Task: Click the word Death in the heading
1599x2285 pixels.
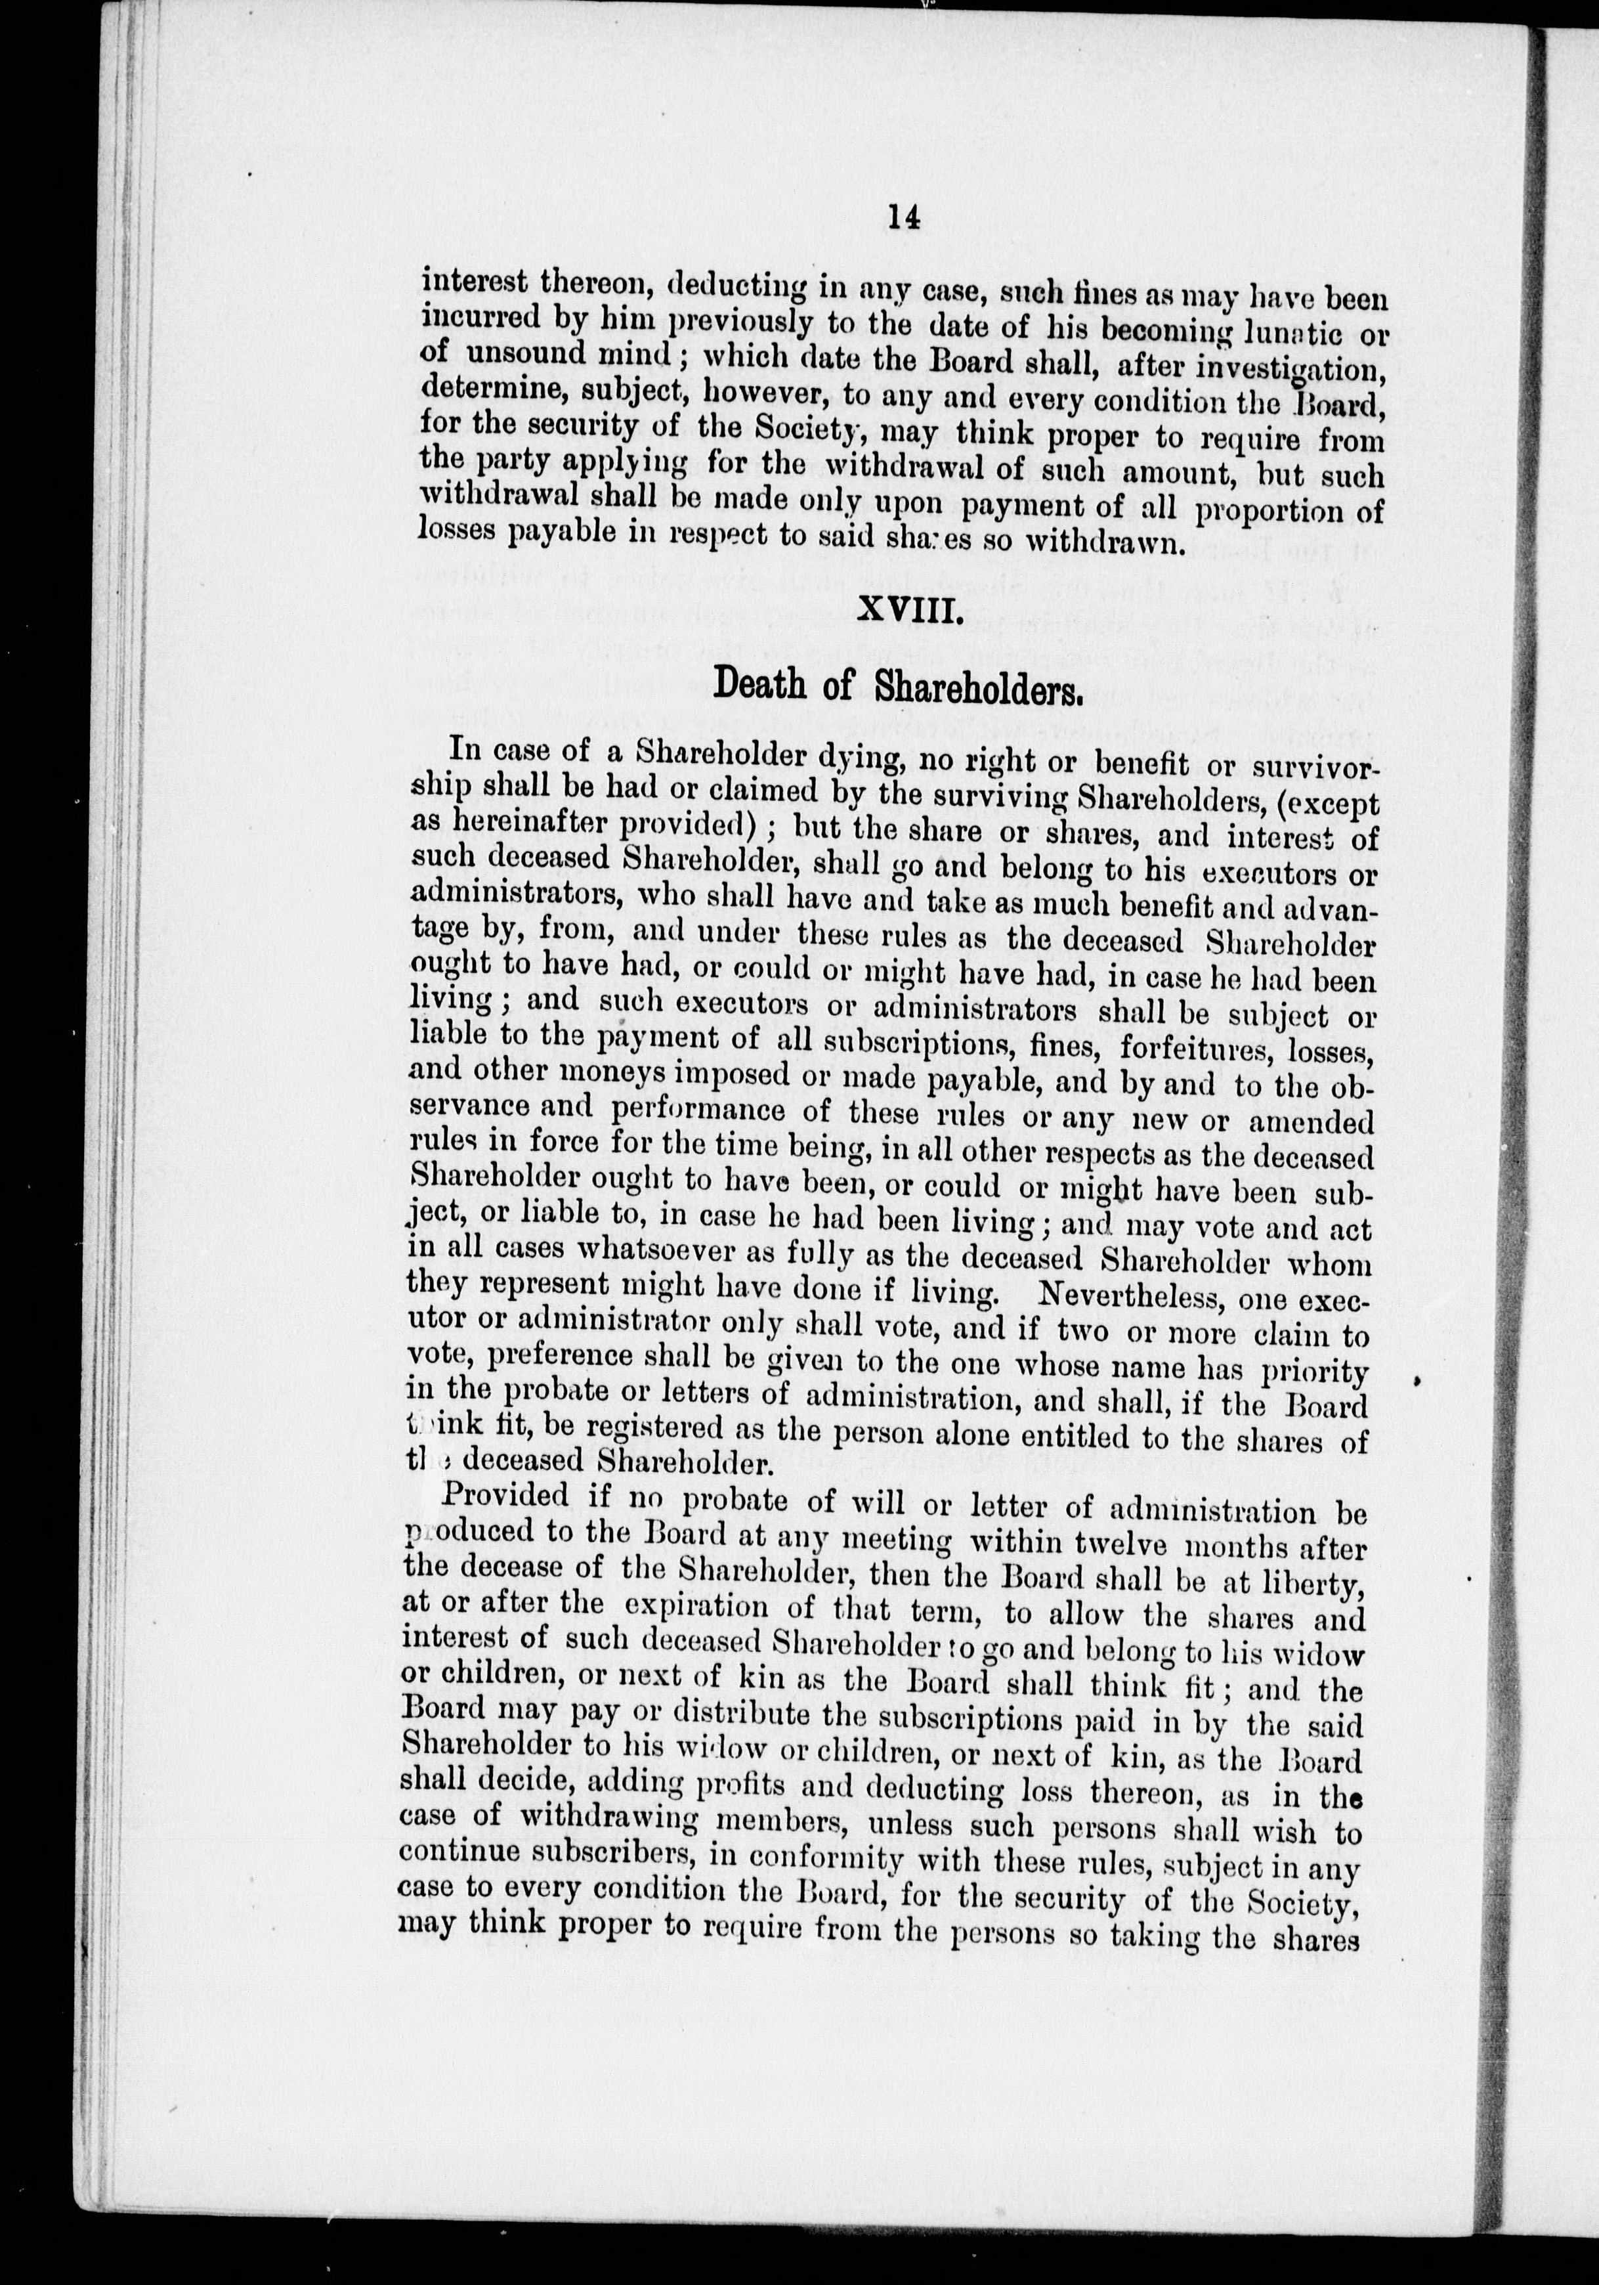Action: [x=762, y=685]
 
